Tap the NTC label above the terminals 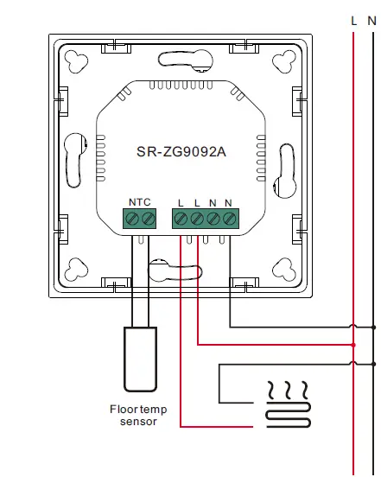(x=139, y=202)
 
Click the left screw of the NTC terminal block (x=132, y=220)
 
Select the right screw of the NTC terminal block (x=148, y=220)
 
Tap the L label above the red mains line (x=353, y=19)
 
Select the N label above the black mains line (x=373, y=19)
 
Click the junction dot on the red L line (x=353, y=345)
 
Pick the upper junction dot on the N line (x=373, y=328)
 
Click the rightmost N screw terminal (x=229, y=220)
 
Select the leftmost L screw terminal (x=181, y=220)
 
